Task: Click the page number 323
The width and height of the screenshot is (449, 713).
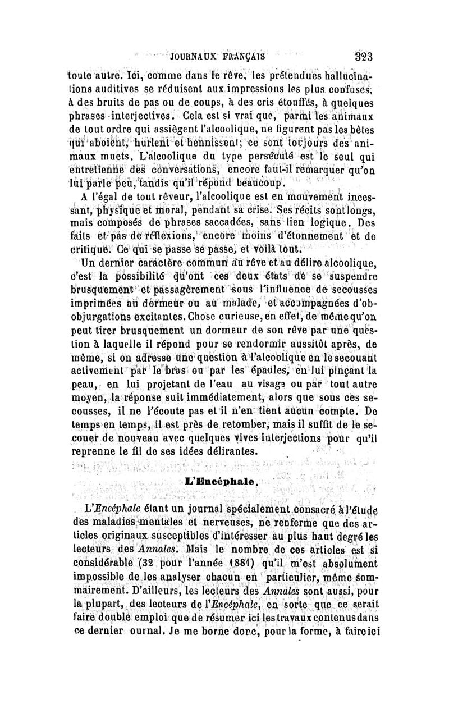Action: pyautogui.click(x=364, y=56)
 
